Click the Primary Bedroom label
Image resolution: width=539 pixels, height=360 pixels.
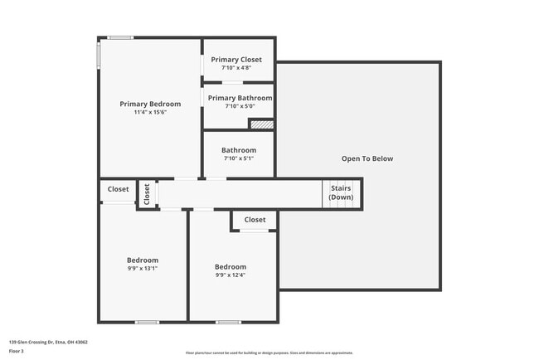coord(150,104)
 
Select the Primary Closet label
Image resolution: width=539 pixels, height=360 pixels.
coord(236,60)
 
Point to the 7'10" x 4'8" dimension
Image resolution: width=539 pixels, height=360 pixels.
coord(236,68)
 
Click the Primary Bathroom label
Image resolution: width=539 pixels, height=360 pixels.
coord(240,98)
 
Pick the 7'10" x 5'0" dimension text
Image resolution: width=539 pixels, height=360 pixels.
coord(240,106)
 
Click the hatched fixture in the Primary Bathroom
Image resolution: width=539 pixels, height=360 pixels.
coord(262,124)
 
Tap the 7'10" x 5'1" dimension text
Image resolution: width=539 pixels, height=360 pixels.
coord(239,158)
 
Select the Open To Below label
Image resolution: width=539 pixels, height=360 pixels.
coord(367,158)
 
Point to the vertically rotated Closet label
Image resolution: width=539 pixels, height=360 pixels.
coord(147,194)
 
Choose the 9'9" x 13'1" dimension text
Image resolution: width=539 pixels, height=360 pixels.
coord(143,269)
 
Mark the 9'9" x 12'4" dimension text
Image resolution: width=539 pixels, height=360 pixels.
coord(231,275)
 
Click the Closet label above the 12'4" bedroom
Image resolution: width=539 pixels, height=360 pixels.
coord(255,220)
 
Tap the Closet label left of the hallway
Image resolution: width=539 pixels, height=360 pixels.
coord(119,189)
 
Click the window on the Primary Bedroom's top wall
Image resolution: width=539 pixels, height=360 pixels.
coord(121,37)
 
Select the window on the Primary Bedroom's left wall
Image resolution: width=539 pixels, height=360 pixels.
coord(100,55)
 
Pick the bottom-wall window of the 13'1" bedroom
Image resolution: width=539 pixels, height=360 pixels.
coord(147,322)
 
